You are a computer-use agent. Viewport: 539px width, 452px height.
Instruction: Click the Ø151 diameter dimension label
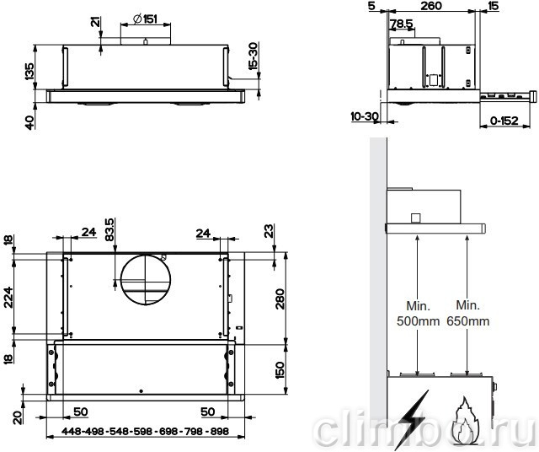pos(145,19)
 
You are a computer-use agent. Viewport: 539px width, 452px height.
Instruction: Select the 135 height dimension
pos(29,72)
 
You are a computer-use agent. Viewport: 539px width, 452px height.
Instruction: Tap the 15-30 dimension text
pos(253,56)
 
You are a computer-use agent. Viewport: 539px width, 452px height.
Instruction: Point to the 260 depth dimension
pos(431,6)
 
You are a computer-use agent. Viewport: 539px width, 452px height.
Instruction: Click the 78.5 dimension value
pos(402,24)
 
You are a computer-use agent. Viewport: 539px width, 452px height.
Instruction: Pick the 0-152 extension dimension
pos(504,121)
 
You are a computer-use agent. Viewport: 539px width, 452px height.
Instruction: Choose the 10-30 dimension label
pos(365,116)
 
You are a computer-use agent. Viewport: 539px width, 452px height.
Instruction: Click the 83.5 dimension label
pos(109,229)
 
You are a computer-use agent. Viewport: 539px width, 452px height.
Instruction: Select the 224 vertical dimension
pos(8,297)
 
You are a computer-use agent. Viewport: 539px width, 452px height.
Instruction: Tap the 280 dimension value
pos(280,299)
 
